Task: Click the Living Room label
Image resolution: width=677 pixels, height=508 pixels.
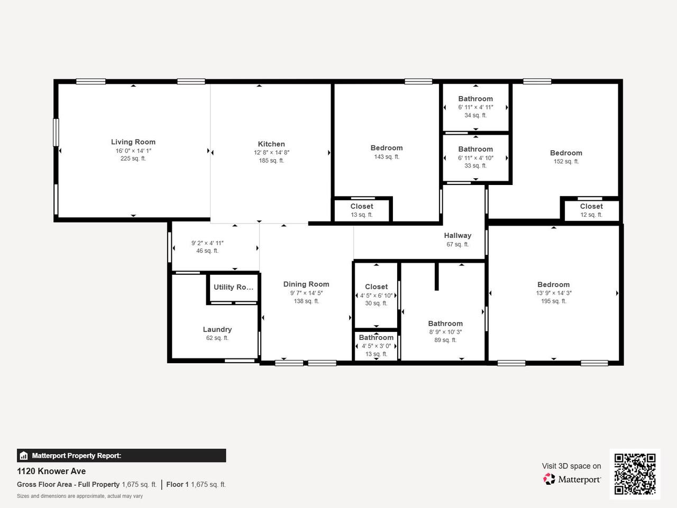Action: click(133, 142)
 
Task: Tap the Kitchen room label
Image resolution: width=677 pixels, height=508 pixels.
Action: click(271, 144)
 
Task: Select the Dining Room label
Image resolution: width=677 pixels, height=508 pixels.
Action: click(306, 284)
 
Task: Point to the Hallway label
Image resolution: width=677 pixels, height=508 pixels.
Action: click(458, 236)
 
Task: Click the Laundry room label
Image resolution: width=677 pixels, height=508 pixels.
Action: click(217, 329)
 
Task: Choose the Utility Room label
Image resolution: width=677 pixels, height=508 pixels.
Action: click(233, 287)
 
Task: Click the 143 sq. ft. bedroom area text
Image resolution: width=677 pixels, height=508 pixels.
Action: click(387, 156)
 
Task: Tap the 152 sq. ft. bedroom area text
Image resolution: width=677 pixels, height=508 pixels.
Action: click(566, 161)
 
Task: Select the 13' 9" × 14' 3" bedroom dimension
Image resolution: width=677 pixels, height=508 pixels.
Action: click(554, 293)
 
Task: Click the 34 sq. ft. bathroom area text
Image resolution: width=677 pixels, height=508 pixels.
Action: click(475, 115)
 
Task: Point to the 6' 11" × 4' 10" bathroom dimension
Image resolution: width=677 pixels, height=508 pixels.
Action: click(475, 158)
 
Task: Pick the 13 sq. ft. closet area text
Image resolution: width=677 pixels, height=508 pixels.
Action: click(362, 215)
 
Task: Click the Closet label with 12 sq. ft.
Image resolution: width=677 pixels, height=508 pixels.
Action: click(591, 206)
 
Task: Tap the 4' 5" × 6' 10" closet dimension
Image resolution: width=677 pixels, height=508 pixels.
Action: click(376, 295)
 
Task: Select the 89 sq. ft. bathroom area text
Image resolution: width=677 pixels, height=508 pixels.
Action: click(445, 340)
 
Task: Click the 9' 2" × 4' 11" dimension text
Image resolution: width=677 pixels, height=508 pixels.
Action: click(207, 243)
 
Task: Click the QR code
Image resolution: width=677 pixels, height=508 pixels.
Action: click(635, 474)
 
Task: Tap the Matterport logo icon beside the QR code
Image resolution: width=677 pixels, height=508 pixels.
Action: click(549, 479)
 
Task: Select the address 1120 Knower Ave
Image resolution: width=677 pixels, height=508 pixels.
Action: click(51, 471)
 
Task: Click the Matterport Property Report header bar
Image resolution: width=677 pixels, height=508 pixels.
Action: click(121, 455)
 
